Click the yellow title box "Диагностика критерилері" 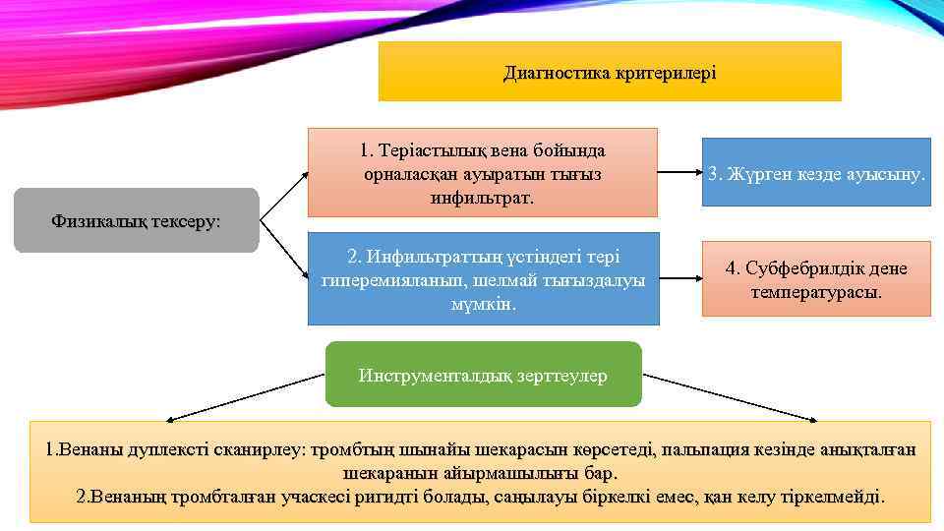click(x=610, y=72)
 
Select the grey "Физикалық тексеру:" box click(x=137, y=220)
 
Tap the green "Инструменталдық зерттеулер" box click(x=483, y=375)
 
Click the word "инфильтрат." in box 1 click(x=482, y=198)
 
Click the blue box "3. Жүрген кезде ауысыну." click(x=816, y=173)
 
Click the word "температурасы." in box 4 click(x=816, y=292)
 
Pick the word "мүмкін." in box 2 click(x=483, y=304)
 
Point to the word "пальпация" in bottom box click(x=700, y=450)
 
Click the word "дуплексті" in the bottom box click(x=168, y=450)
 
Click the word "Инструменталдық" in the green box click(x=434, y=375)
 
